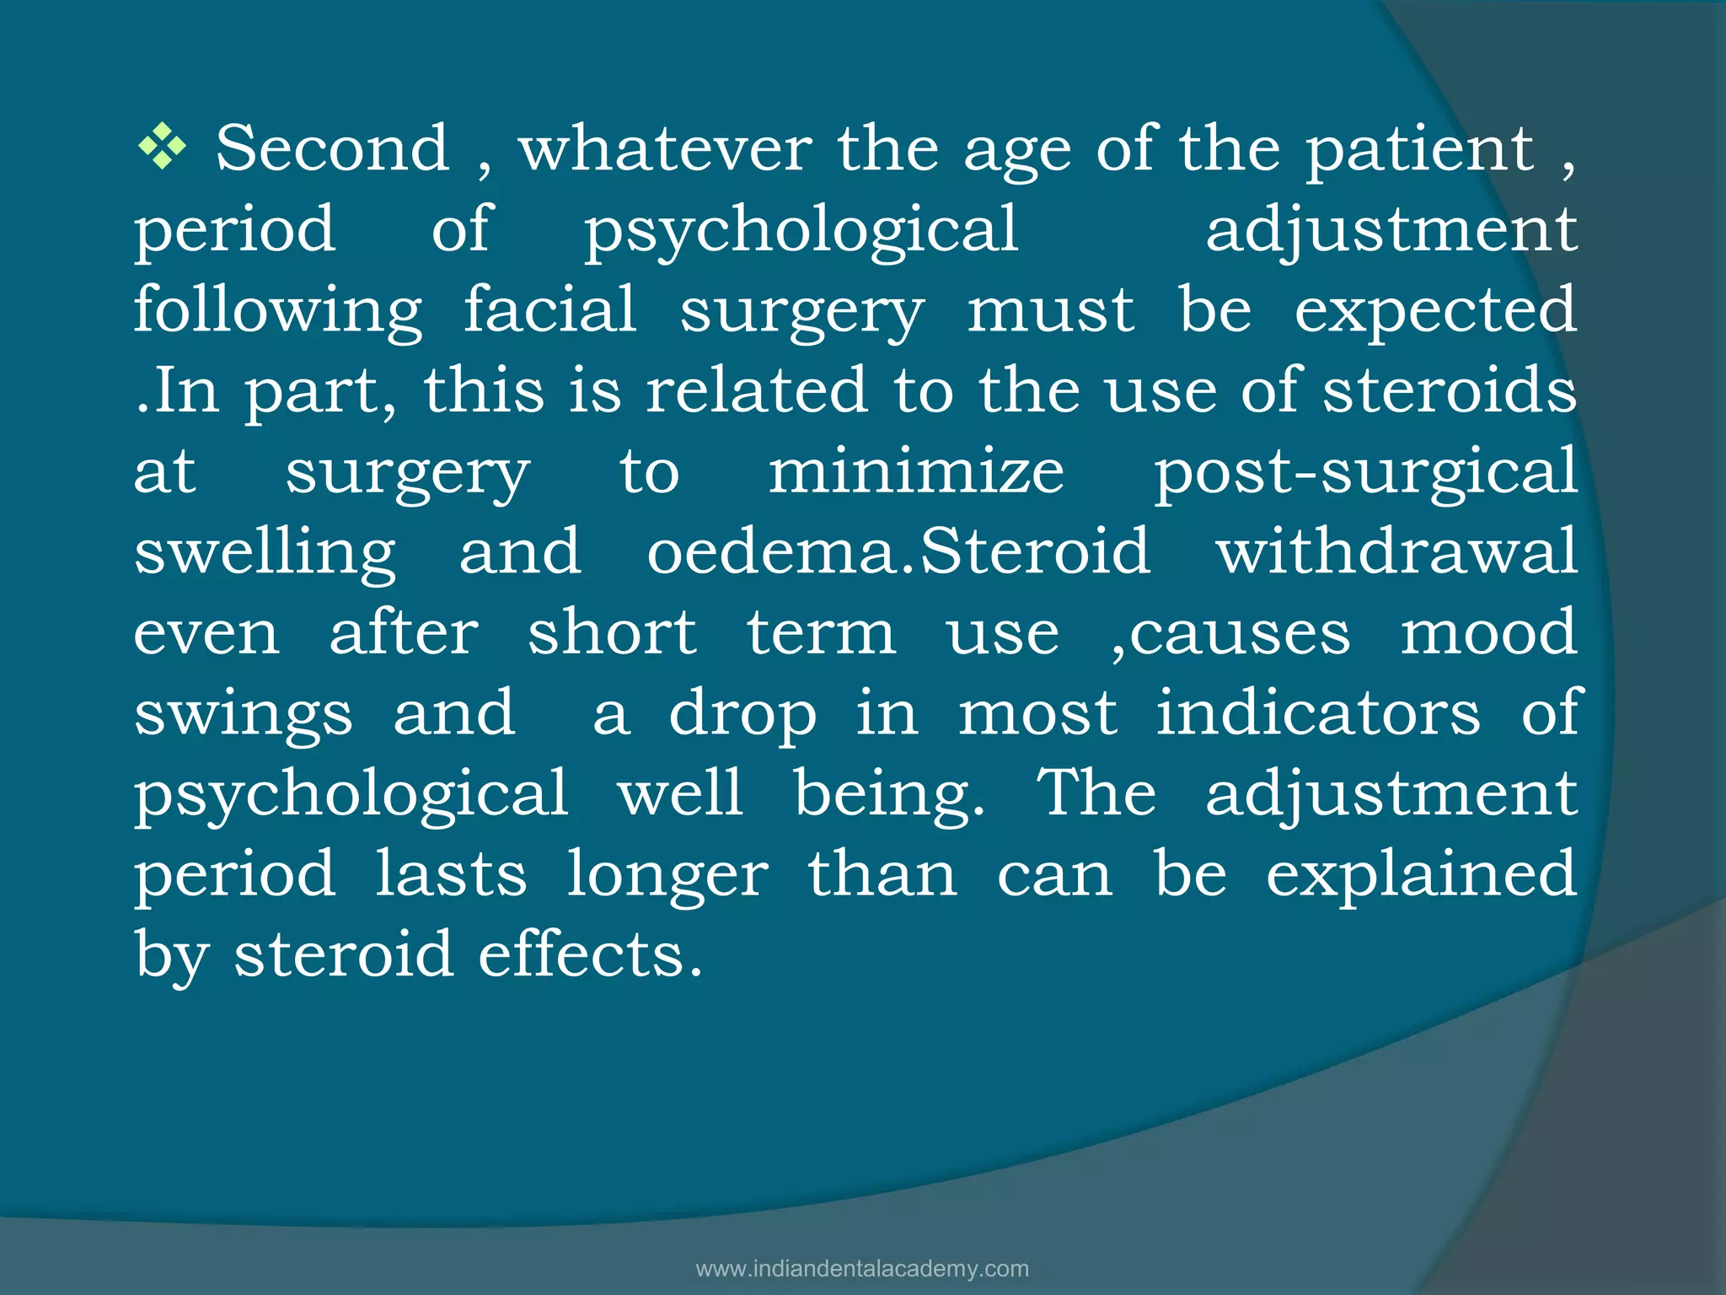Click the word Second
point(333,149)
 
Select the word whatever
point(665,149)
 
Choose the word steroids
point(1450,390)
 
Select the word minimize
point(916,470)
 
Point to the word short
point(612,631)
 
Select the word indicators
point(1317,712)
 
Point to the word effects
point(590,954)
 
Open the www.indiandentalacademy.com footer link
point(862,1269)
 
